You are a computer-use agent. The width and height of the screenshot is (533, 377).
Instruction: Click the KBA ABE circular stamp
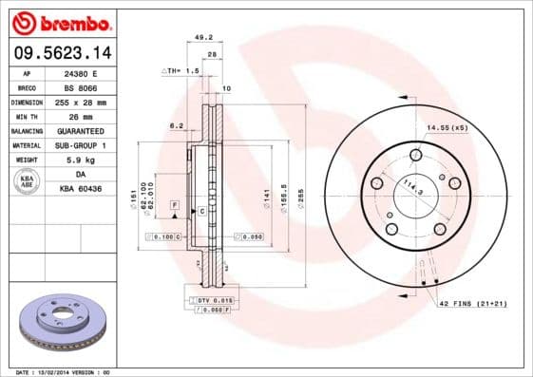(28, 181)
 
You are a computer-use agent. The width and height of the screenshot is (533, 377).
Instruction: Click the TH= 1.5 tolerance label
(181, 70)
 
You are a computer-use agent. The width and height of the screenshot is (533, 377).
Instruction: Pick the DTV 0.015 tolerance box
(210, 300)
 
